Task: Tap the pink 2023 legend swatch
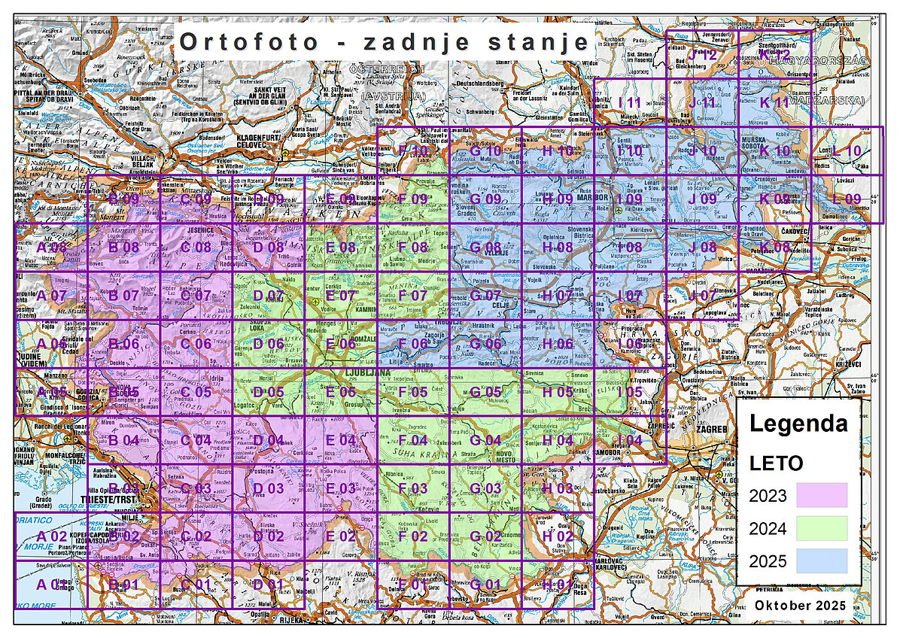point(821,494)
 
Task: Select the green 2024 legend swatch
point(821,527)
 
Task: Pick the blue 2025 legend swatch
point(821,561)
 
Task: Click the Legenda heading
point(798,424)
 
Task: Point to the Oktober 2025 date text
point(801,606)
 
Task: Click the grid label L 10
point(846,151)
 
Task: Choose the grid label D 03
point(268,488)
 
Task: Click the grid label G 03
point(485,488)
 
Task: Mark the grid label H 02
point(558,536)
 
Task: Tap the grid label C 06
point(196,344)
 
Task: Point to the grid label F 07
point(412,296)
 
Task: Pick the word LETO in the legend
point(775,463)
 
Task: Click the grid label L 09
point(846,199)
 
